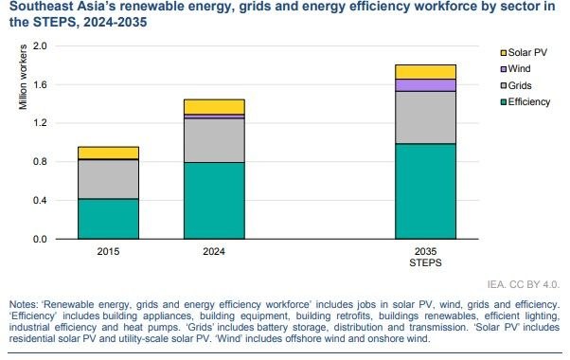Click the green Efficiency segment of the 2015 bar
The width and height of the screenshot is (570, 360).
coord(108,219)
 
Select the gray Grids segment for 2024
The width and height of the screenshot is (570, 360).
coord(214,140)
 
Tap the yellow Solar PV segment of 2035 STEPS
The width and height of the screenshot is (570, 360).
coord(425,72)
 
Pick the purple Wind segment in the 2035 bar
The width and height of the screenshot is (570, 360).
coord(425,85)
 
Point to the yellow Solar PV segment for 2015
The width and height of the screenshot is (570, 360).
coord(108,153)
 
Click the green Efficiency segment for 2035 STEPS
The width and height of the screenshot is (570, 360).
coord(425,191)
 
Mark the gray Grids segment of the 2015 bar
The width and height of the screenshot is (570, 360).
coord(108,179)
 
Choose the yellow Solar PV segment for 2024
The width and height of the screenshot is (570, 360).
coord(214,107)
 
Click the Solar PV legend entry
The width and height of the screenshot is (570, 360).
coord(524,52)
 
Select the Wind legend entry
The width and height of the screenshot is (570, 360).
coord(516,69)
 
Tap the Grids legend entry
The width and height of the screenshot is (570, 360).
coord(516,85)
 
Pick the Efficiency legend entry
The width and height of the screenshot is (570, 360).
coord(525,101)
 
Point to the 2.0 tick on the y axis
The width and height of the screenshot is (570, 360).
coord(40,45)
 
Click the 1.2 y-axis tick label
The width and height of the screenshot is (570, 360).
coord(40,123)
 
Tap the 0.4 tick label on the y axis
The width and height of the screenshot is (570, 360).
coord(40,200)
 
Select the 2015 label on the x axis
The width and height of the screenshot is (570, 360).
coord(108,251)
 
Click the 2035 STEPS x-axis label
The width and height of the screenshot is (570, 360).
coord(425,257)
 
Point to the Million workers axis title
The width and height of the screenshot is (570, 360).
coord(23,77)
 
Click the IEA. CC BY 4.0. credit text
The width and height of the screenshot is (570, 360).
coord(524,284)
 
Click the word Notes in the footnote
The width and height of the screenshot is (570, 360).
coord(24,304)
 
